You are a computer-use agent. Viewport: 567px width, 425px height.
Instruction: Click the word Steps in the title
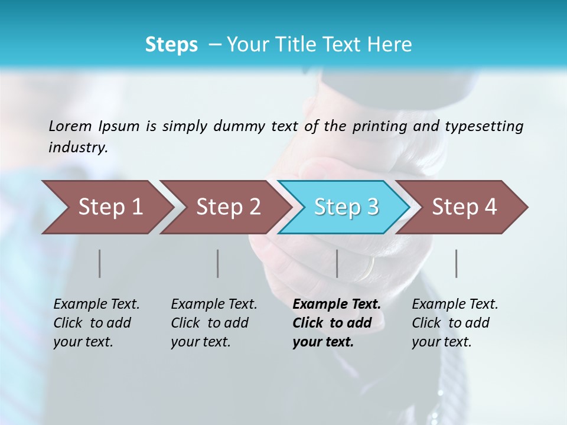tap(171, 45)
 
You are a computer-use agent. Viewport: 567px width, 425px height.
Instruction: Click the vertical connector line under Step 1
tap(99, 263)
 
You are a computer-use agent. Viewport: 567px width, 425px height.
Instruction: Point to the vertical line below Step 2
tap(217, 263)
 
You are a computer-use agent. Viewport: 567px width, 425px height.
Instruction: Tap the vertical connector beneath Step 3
tap(337, 263)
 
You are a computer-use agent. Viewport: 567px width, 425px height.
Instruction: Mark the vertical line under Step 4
tap(456, 263)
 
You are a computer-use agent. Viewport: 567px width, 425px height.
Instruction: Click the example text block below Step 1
tap(96, 323)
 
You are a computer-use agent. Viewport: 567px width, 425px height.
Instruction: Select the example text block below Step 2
tap(214, 323)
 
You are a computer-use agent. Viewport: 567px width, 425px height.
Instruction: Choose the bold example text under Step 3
tap(337, 323)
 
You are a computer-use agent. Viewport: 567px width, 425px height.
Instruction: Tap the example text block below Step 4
tap(455, 323)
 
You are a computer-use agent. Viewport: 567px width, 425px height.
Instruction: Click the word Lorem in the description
tap(70, 126)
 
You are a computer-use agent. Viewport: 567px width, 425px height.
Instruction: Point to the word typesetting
tap(484, 126)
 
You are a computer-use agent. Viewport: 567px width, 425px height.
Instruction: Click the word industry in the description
tap(78, 148)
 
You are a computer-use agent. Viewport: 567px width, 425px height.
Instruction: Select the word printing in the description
tap(377, 126)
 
